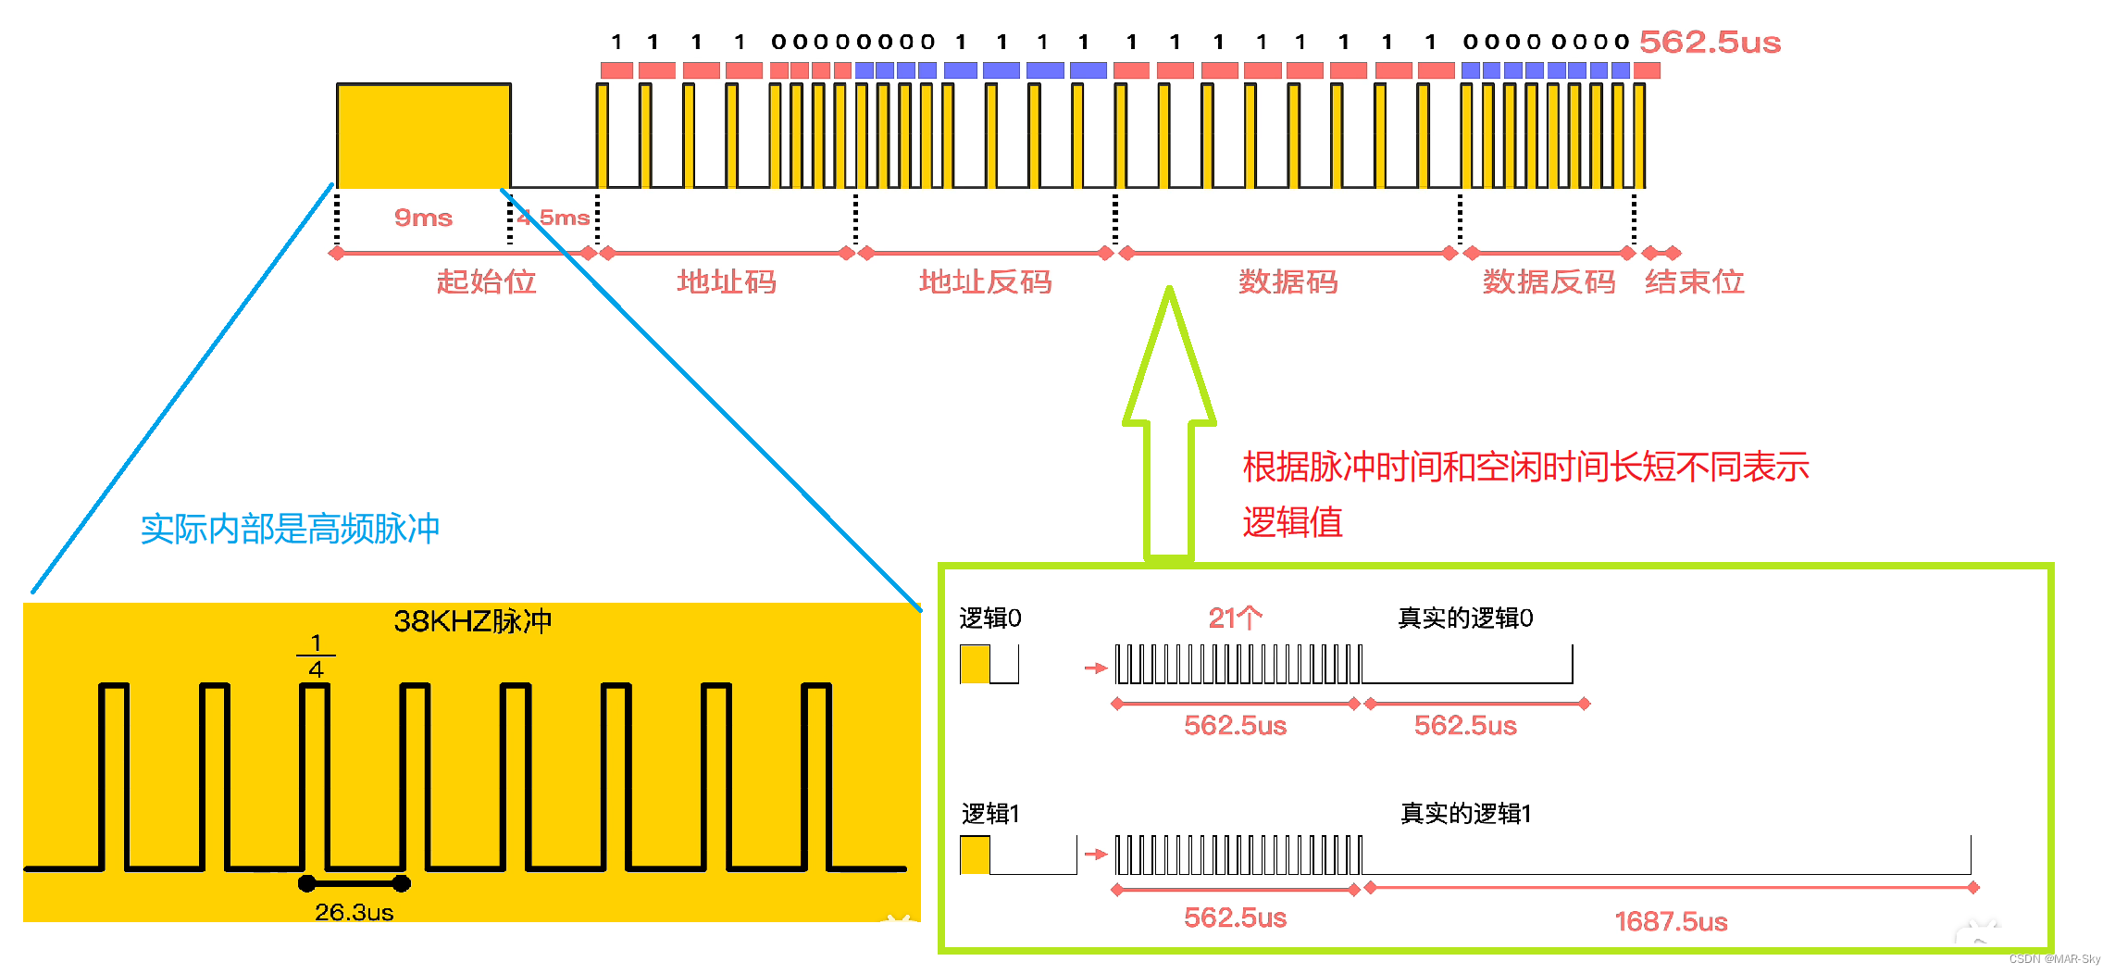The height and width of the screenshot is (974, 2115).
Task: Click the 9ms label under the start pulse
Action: click(x=423, y=218)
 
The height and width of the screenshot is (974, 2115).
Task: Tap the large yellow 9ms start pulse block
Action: click(x=423, y=136)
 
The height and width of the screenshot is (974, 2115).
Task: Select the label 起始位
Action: click(x=486, y=281)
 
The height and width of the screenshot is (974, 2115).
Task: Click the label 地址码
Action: click(x=727, y=281)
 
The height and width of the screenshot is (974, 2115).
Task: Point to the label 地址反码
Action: click(x=985, y=281)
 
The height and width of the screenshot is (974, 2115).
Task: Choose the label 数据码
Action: click(x=1288, y=281)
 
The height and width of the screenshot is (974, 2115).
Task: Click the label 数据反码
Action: click(x=1549, y=281)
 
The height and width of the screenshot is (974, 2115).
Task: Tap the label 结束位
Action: click(x=1694, y=281)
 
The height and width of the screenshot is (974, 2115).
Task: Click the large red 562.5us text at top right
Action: click(x=1710, y=42)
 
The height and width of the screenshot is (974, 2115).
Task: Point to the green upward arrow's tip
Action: click(x=1170, y=293)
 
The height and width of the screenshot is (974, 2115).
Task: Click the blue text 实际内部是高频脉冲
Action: click(x=290, y=529)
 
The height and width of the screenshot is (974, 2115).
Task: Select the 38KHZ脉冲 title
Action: click(x=472, y=620)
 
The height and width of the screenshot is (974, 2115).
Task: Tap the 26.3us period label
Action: click(x=354, y=912)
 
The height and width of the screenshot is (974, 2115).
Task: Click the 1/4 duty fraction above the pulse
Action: click(x=316, y=656)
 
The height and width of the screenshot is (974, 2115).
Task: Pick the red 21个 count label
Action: click(x=1235, y=618)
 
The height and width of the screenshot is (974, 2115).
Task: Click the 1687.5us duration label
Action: click(x=1671, y=921)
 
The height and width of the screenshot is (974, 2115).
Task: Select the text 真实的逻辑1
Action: click(x=1465, y=813)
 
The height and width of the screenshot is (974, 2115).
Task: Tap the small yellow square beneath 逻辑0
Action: click(x=975, y=664)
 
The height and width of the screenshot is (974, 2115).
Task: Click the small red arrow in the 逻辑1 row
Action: click(x=1095, y=854)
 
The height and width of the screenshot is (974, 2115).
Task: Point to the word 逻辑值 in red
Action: click(x=1292, y=522)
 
